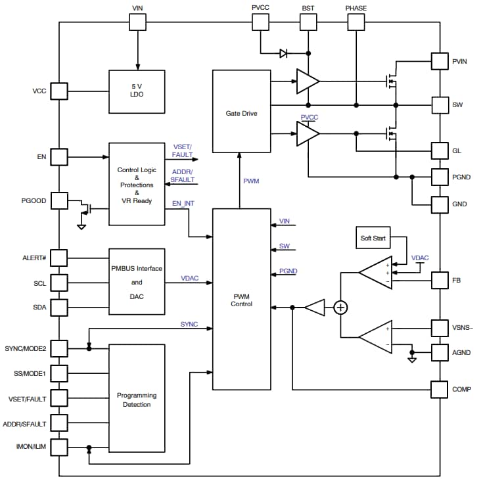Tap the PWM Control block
click(241, 300)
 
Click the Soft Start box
click(373, 238)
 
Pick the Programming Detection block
click(137, 400)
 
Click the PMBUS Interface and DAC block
click(137, 283)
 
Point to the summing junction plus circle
click(340, 307)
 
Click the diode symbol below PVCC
click(283, 53)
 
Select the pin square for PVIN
click(440, 61)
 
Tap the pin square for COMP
click(440, 389)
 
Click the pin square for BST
click(308, 22)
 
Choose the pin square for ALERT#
click(59, 258)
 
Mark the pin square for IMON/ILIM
click(59, 448)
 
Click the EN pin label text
click(41, 157)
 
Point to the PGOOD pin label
click(34, 200)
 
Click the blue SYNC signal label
click(189, 325)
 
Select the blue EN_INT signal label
click(184, 204)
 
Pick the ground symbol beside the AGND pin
click(412, 359)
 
